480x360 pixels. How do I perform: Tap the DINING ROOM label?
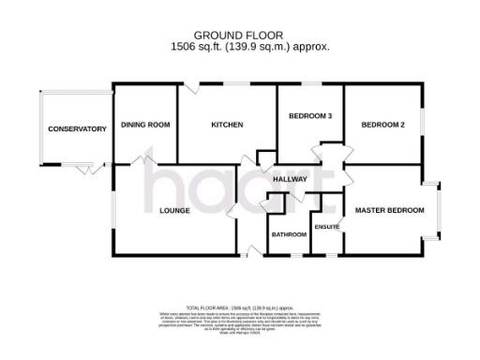[x=145, y=125]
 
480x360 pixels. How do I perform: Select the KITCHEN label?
[x=227, y=125]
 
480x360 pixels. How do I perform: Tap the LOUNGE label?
[x=174, y=211]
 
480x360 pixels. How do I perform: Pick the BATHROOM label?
[x=289, y=233]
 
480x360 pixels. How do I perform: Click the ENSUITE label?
[x=327, y=227]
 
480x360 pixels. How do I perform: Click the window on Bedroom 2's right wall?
[x=423, y=122]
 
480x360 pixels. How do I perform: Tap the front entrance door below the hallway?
[x=249, y=249]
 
